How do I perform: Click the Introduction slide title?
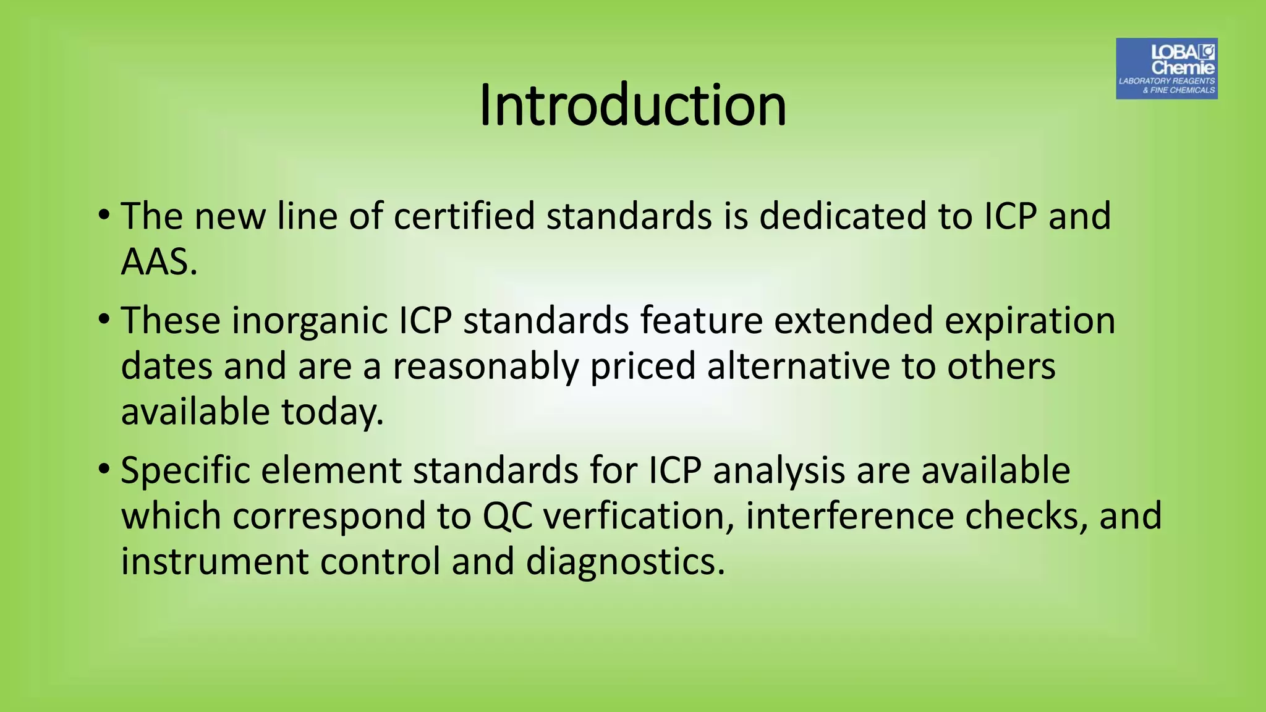tap(632, 105)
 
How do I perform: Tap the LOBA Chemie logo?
tap(1166, 69)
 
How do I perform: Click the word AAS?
tap(158, 262)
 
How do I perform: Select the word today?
tap(332, 412)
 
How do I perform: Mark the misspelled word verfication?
tap(637, 516)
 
